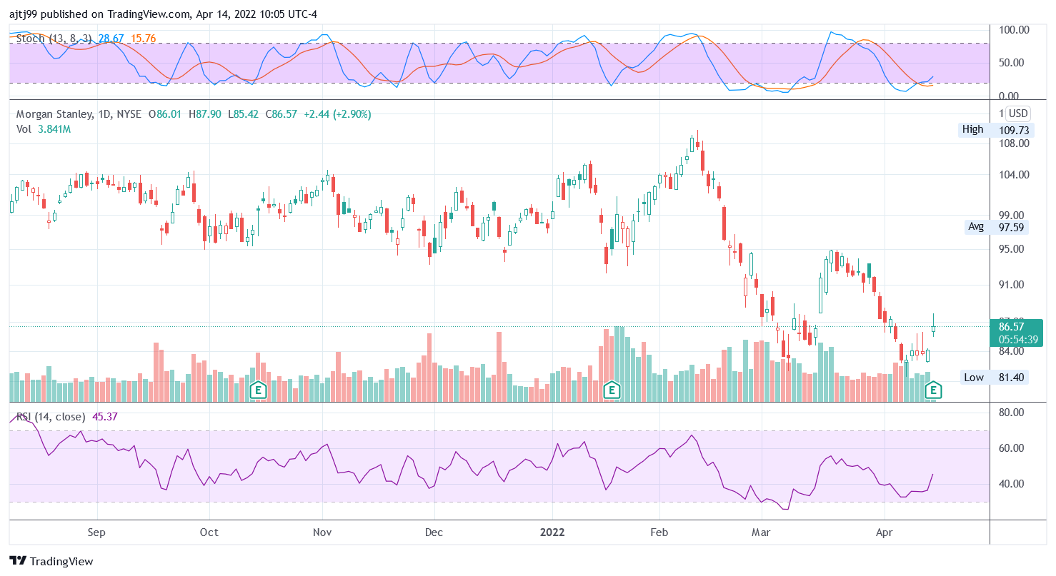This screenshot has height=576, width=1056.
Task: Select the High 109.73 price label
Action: click(x=993, y=129)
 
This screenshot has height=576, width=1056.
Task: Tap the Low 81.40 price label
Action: click(x=995, y=378)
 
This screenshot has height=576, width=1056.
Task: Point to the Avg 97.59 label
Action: click(x=995, y=227)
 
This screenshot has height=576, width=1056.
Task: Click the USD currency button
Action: click(x=1017, y=113)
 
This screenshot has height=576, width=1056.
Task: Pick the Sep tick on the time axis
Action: click(x=96, y=532)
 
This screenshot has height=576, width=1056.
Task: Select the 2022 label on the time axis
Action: click(x=552, y=532)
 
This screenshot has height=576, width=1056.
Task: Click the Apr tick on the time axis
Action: click(x=884, y=532)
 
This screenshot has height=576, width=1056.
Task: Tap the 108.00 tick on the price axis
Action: click(x=1014, y=143)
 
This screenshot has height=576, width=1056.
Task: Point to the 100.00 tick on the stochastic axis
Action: click(x=1014, y=30)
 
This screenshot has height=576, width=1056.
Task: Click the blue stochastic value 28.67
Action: click(x=112, y=39)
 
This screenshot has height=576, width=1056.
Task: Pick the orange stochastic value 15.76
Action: click(x=143, y=39)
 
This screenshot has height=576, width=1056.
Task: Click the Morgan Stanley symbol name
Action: click(x=54, y=113)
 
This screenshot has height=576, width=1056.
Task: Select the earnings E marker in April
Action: click(x=932, y=390)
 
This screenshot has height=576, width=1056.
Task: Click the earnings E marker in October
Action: click(x=259, y=390)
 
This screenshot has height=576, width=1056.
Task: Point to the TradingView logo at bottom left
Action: click(x=51, y=561)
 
